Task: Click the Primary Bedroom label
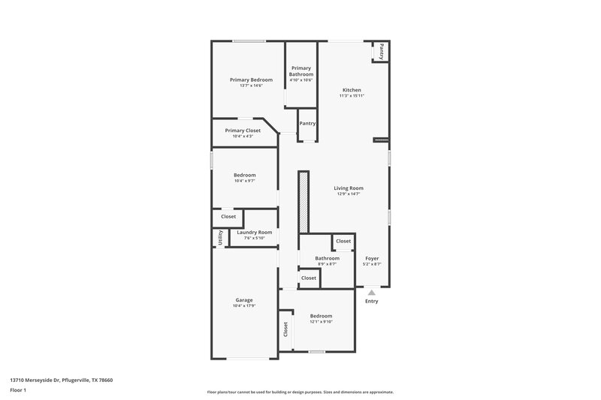(x=251, y=80)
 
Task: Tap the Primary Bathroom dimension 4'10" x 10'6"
(x=301, y=80)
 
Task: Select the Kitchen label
(x=352, y=90)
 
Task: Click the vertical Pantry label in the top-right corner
(x=382, y=52)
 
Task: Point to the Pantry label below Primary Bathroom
(x=307, y=123)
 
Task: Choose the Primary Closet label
(x=243, y=130)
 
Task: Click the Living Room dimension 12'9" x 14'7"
(x=349, y=194)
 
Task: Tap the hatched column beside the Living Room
(x=304, y=202)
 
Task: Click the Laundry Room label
(x=254, y=233)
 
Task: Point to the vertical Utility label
(x=220, y=238)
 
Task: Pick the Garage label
(x=244, y=299)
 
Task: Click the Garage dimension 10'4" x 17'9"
(x=244, y=305)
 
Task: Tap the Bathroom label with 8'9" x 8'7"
(x=327, y=258)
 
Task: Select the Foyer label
(x=372, y=258)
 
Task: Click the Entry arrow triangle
(x=371, y=293)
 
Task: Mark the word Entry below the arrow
(x=371, y=302)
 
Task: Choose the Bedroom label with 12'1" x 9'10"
(x=321, y=316)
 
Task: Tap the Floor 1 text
(x=17, y=391)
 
